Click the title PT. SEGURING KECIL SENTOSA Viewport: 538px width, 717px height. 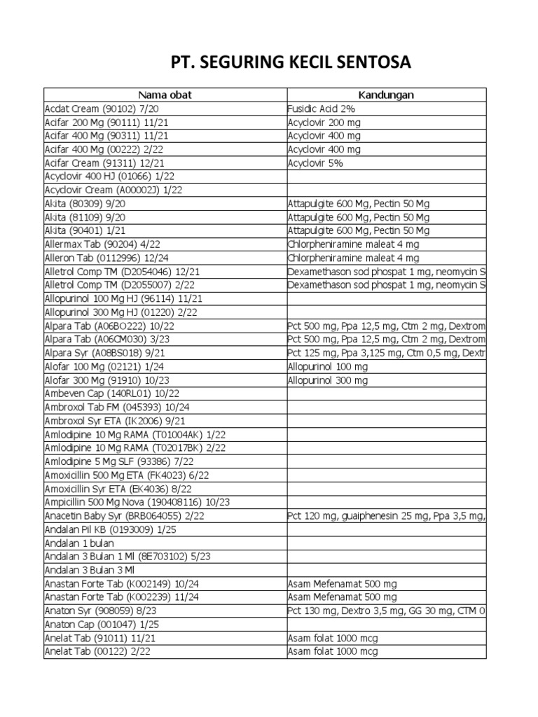point(291,64)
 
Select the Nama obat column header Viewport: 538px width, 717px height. point(165,95)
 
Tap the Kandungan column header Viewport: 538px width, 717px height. point(386,95)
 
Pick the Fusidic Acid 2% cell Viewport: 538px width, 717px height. point(322,109)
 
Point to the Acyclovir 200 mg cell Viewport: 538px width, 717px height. point(324,122)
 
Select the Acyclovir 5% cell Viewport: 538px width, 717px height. point(315,162)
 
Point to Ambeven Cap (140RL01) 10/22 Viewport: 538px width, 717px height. point(102,394)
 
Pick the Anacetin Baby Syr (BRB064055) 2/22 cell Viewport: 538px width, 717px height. point(123,516)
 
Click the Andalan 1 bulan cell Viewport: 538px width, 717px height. point(79,543)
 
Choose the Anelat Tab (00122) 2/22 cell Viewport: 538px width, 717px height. point(97,652)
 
